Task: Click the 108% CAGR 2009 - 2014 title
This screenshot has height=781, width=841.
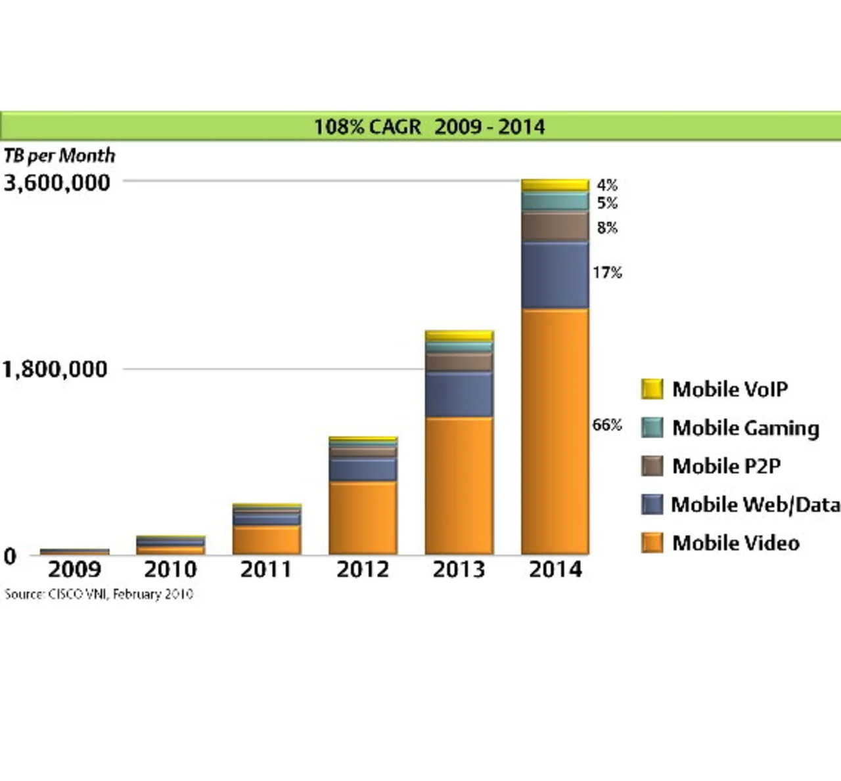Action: (x=429, y=126)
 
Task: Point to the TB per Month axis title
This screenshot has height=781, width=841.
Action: (x=59, y=156)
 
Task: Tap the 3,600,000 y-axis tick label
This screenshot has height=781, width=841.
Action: (x=57, y=182)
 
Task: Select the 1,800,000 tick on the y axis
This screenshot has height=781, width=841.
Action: (x=55, y=369)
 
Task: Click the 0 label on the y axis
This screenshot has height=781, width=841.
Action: (x=10, y=557)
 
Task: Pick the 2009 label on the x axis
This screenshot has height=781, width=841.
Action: (x=74, y=569)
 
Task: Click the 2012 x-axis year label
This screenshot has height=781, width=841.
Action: (x=363, y=569)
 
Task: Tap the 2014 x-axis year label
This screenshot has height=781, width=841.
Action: (x=555, y=569)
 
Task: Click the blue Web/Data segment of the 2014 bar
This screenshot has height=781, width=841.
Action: (x=555, y=275)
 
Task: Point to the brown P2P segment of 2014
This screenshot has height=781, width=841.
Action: (x=555, y=226)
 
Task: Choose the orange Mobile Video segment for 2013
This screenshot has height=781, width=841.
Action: (x=459, y=486)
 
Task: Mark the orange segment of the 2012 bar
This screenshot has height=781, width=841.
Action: (x=363, y=518)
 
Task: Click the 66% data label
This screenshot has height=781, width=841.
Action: (x=606, y=425)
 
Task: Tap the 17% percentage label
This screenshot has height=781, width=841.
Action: (x=606, y=272)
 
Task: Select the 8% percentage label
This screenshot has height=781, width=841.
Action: (x=607, y=228)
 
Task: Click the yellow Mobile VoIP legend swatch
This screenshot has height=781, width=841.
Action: (x=652, y=389)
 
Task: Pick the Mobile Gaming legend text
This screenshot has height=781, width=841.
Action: (x=746, y=428)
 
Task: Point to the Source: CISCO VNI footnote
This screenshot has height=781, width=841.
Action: (x=99, y=594)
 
